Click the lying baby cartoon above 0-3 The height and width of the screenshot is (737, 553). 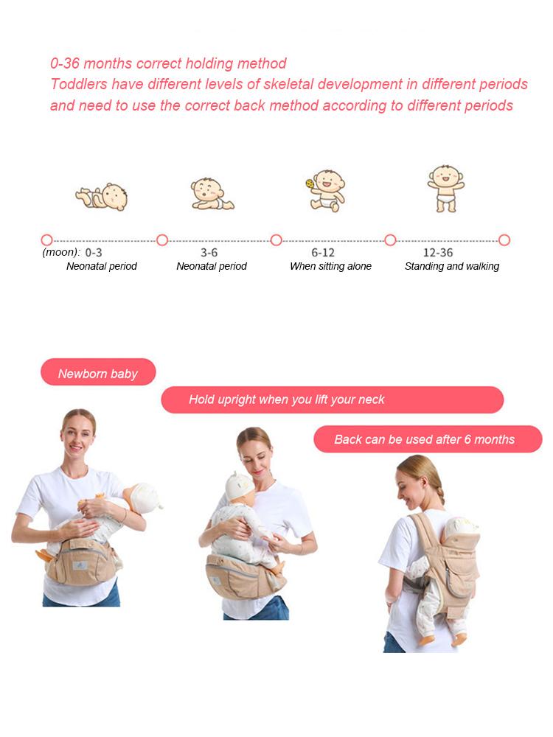click(x=102, y=197)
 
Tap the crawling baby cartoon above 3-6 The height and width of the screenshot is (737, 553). click(x=212, y=194)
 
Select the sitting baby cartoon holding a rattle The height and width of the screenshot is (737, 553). click(x=325, y=190)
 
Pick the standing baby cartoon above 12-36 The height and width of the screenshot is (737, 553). click(x=446, y=188)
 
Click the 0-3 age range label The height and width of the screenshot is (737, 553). click(x=94, y=253)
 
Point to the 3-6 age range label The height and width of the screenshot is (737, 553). click(x=209, y=253)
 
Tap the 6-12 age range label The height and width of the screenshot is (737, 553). click(x=323, y=253)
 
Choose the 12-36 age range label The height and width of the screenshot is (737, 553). click(x=438, y=253)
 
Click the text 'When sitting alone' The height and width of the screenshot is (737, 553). click(x=330, y=267)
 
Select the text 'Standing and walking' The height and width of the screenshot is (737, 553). click(x=452, y=267)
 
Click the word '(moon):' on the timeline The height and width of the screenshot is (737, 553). click(x=61, y=252)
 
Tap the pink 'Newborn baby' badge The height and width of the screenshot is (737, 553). click(x=98, y=372)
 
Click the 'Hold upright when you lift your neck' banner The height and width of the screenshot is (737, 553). click(x=332, y=400)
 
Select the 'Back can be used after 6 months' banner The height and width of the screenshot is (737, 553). click(x=428, y=439)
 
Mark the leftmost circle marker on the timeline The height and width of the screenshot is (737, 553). click(x=46, y=241)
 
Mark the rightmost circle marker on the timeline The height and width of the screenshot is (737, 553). click(x=504, y=241)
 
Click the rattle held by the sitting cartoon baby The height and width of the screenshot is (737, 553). click(x=310, y=184)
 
